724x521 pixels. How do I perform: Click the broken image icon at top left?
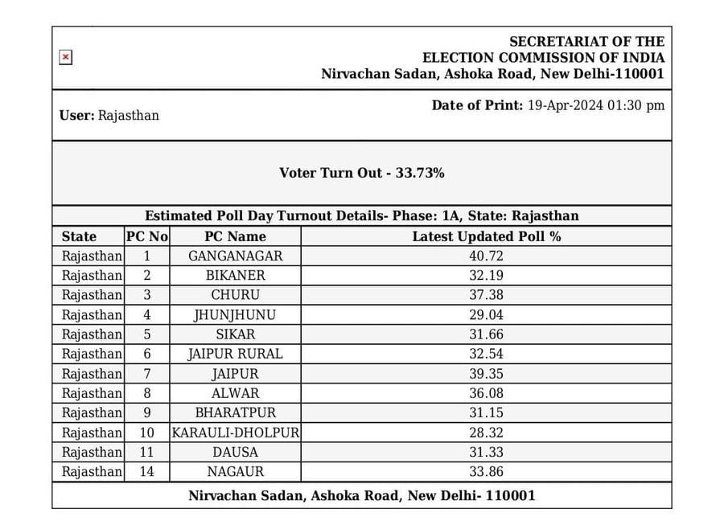[x=66, y=57]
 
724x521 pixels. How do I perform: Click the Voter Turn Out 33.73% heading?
[x=361, y=173]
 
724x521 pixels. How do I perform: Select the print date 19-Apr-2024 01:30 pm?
[x=595, y=105]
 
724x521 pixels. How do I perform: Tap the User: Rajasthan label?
[x=109, y=115]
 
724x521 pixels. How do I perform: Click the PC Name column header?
[x=235, y=236]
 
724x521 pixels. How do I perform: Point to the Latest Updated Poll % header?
[x=486, y=236]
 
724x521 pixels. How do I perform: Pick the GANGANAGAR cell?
[x=235, y=256]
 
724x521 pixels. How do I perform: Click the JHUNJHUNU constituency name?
[x=235, y=314]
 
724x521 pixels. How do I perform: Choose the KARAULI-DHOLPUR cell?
[x=235, y=433]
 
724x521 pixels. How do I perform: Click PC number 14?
[x=146, y=472]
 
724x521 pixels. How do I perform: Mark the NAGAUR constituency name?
[x=235, y=472]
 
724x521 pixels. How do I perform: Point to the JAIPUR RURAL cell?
[x=235, y=354]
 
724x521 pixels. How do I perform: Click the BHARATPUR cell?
[x=235, y=412]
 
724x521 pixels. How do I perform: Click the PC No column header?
[x=146, y=236]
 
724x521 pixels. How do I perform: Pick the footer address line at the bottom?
[x=361, y=495]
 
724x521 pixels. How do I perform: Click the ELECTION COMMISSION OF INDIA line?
[x=543, y=57]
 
